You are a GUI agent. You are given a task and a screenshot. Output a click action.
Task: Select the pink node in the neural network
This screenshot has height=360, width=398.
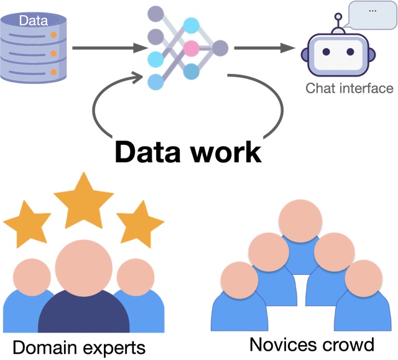tap(191, 47)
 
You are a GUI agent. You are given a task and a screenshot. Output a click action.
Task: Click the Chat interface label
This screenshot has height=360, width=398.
tap(349, 88)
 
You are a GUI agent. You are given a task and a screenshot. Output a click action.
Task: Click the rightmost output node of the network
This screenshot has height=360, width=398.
tap(220, 47)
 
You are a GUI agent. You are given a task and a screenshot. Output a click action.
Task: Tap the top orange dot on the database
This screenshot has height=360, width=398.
tap(54, 35)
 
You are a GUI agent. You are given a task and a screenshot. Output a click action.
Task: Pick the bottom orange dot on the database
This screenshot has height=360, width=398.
tap(54, 73)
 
